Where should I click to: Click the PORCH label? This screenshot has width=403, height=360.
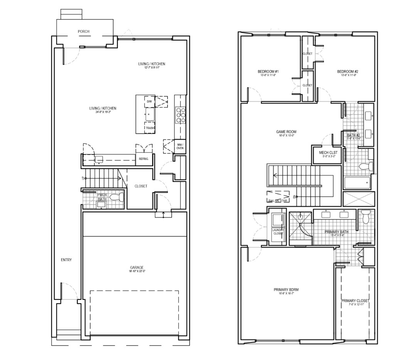click(x=84, y=31)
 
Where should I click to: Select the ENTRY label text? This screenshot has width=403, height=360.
click(x=66, y=260)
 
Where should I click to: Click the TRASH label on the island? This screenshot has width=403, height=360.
click(x=149, y=128)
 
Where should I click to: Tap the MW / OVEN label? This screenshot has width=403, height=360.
click(x=180, y=146)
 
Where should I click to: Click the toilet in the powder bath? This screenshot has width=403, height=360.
click(x=117, y=197)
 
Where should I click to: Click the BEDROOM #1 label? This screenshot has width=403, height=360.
click(x=265, y=72)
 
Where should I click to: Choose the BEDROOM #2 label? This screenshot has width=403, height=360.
click(x=348, y=72)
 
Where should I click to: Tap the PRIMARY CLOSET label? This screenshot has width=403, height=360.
click(x=355, y=301)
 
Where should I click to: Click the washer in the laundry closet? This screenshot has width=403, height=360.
click(x=277, y=220)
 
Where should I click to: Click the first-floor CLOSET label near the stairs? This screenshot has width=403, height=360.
click(x=141, y=186)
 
